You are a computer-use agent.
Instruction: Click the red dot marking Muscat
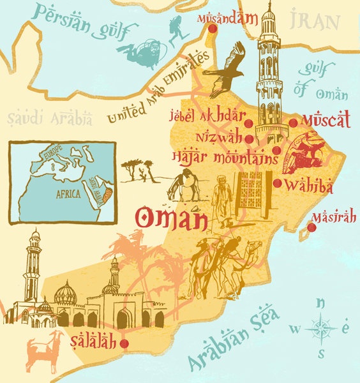point(293,123)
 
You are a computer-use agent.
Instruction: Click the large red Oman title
point(171,218)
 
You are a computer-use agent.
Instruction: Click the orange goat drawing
point(43,352)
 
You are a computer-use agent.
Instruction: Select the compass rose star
point(321,329)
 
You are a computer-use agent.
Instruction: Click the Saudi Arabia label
point(50,118)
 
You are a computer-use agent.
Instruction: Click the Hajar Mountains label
point(223,156)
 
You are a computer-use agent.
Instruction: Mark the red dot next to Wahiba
point(277,184)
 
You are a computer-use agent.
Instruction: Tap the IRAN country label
point(313,21)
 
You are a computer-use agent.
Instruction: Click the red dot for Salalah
point(124,343)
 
